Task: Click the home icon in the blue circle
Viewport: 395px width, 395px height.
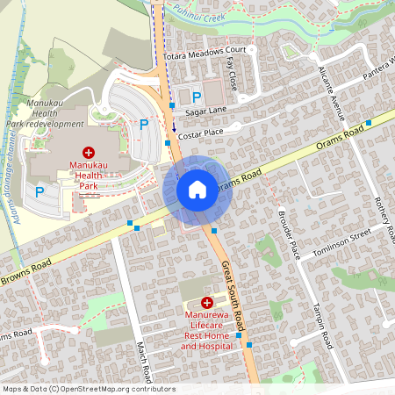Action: [197, 190]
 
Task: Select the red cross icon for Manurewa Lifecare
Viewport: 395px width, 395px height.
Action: [207, 302]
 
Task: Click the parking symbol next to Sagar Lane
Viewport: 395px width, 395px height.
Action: [197, 97]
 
